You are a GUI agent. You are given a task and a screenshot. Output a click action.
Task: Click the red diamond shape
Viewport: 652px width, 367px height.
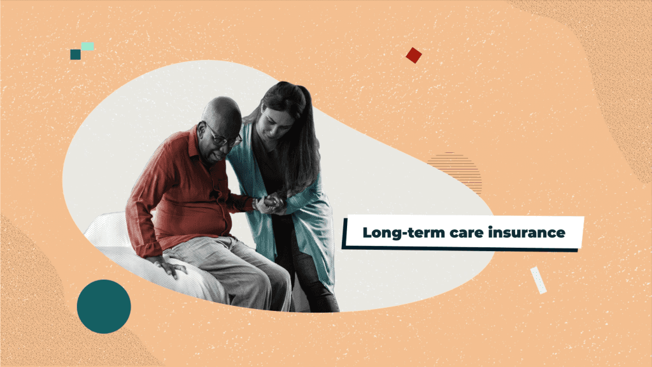(x=414, y=55)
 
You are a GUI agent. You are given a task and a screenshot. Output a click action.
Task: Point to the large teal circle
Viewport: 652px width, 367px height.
(x=104, y=306)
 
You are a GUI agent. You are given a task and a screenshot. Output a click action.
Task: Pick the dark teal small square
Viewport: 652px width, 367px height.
(x=75, y=55)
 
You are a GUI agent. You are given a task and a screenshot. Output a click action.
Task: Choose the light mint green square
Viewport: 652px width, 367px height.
(x=87, y=47)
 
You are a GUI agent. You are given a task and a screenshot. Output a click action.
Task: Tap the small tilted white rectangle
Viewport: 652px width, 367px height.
(x=538, y=280)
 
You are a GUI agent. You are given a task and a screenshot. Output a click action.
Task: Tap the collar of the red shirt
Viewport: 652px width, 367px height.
(x=195, y=140)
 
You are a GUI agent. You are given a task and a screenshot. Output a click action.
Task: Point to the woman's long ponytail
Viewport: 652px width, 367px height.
(x=306, y=147)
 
